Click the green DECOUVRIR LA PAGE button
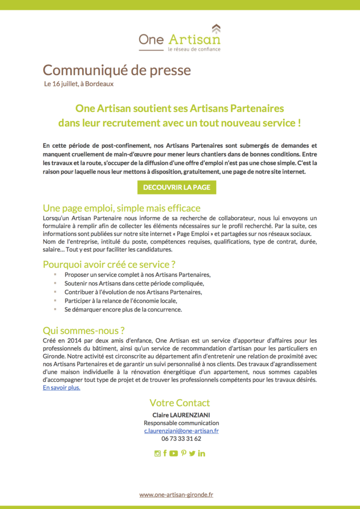pos(177,187)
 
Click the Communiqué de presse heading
pos(117,70)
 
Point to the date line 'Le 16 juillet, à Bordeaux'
pos(79,84)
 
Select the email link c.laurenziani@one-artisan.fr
pos(181,431)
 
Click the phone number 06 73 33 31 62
pos(181,439)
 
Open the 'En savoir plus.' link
pos(62,388)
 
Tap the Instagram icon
pos(158,453)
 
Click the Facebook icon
pos(165,453)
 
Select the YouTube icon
pos(174,453)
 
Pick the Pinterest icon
pos(183,453)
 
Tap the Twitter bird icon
pos(192,453)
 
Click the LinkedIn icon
pos(201,453)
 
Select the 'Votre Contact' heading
pos(180,403)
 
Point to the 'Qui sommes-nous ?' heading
pos(84,331)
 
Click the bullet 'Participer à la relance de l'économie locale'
pos(121,301)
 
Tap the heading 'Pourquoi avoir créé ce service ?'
pos(109,264)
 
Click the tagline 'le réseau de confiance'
pos(194,49)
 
